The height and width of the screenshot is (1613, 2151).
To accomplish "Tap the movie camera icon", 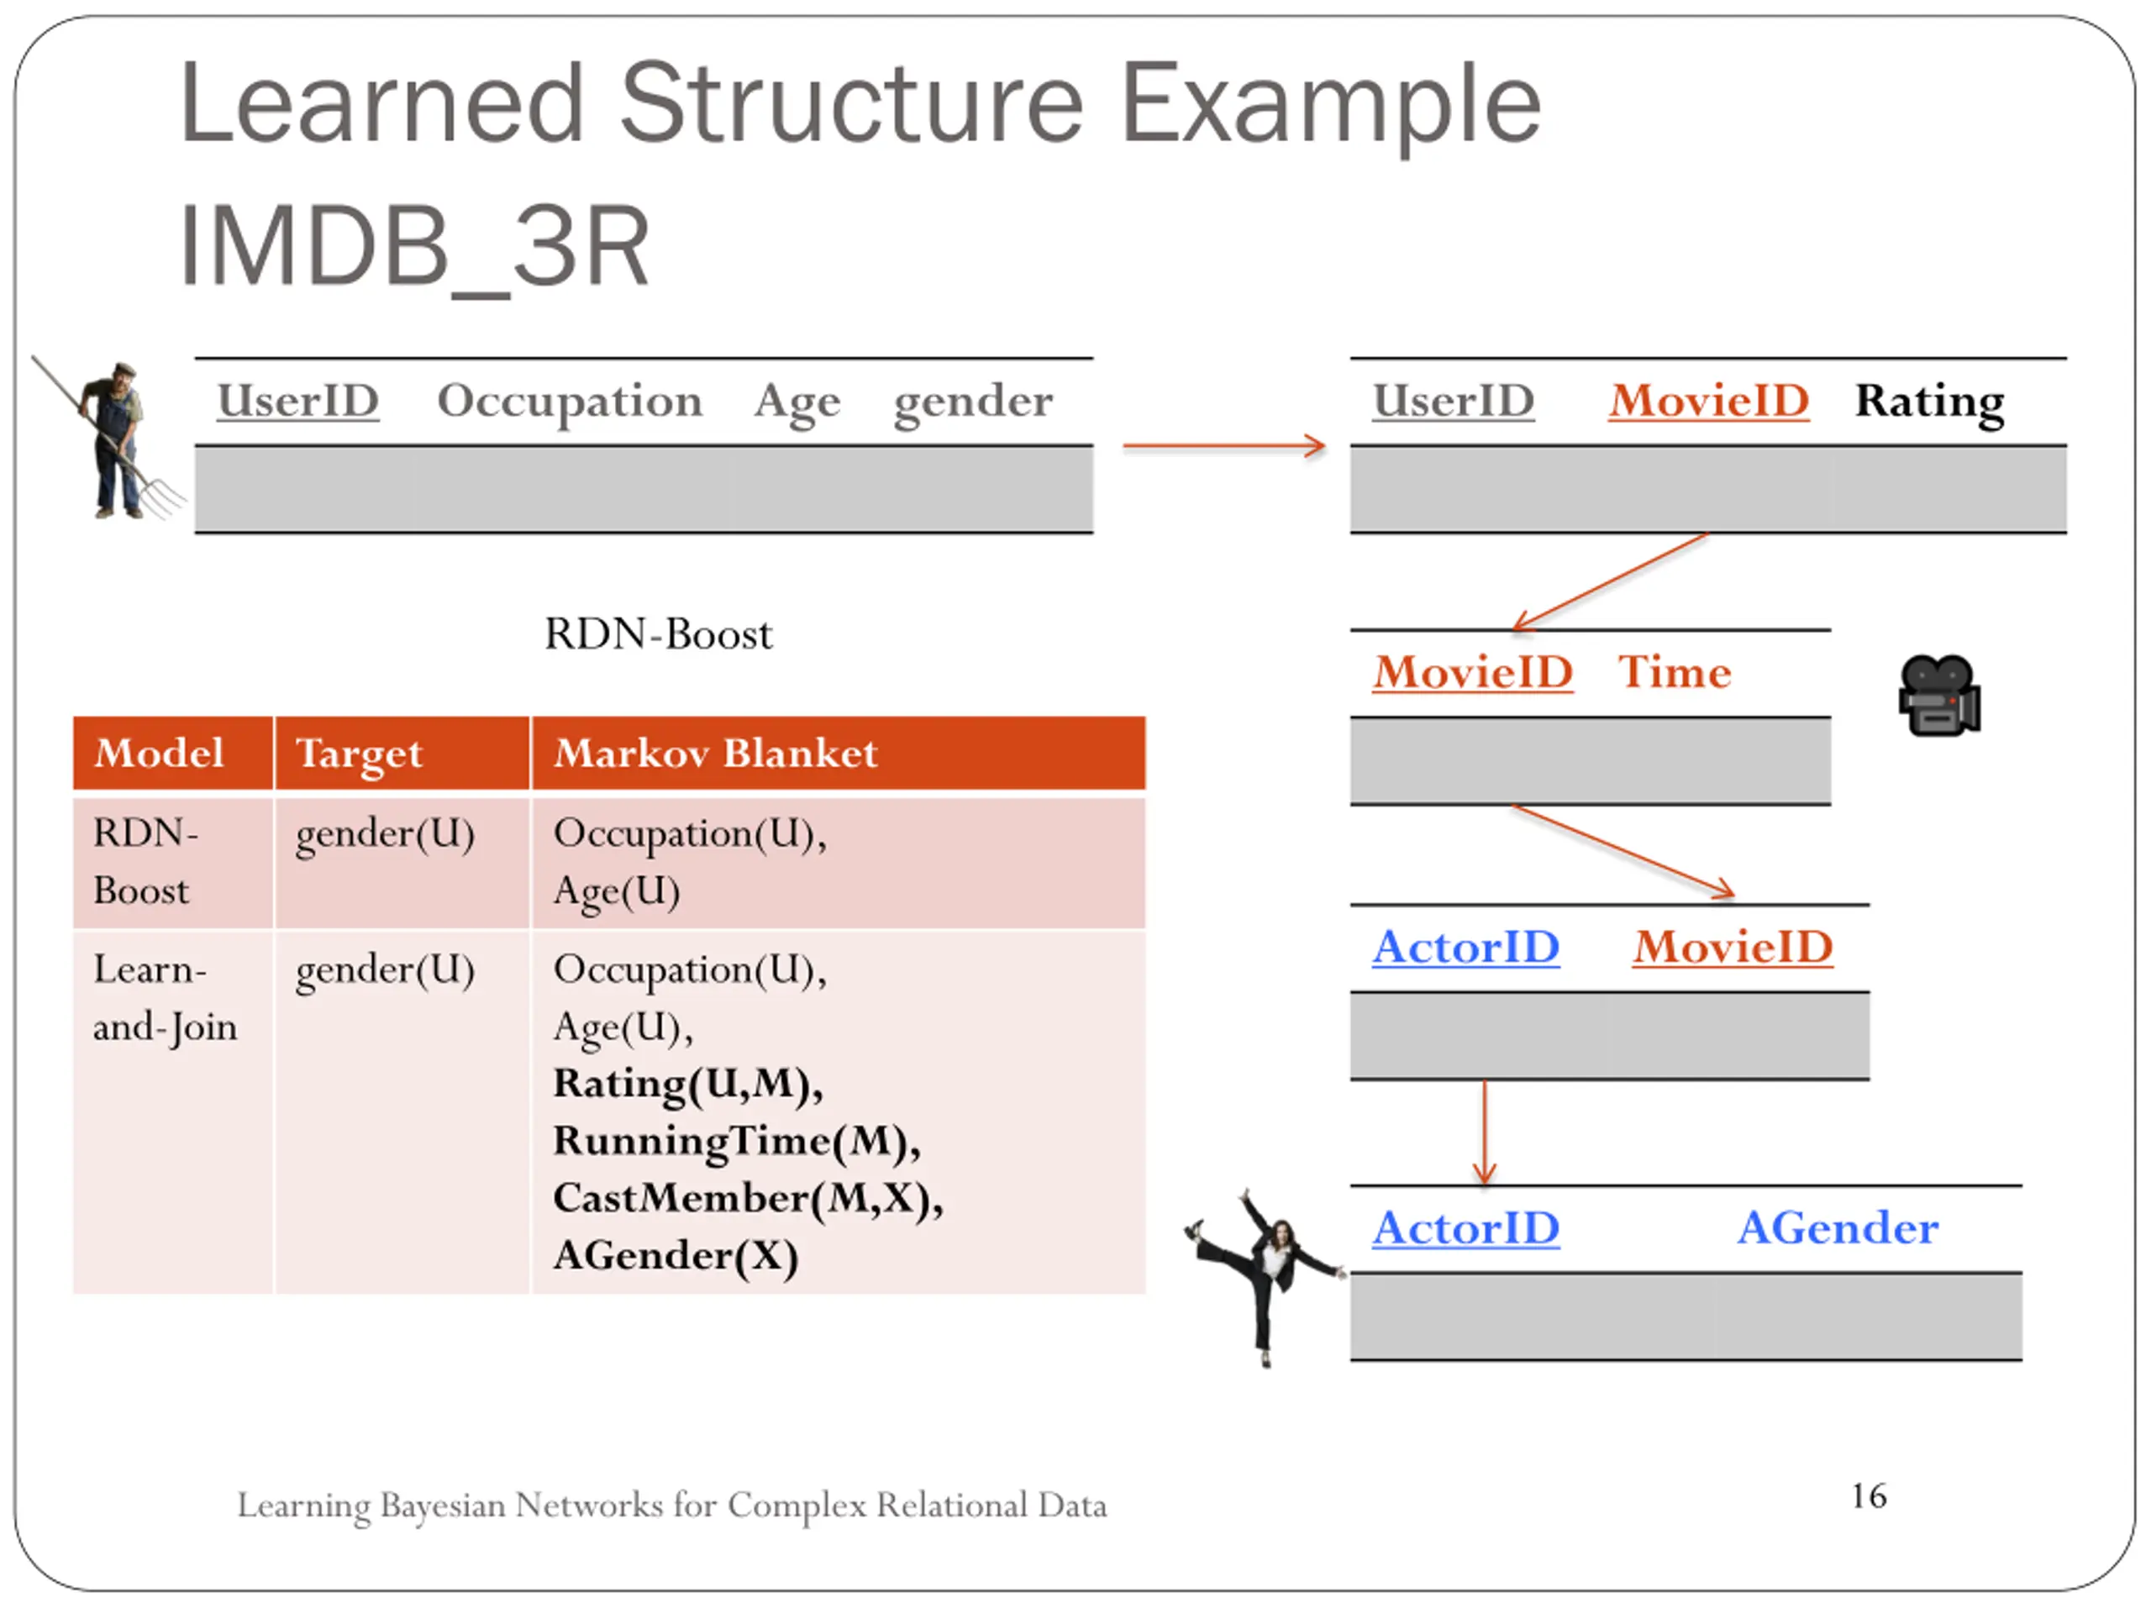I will tap(1938, 696).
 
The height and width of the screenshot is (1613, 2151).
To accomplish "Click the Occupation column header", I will tap(570, 401).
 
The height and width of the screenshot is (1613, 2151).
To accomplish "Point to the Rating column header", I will tap(1928, 401).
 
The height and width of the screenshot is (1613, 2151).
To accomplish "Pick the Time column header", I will tap(1674, 672).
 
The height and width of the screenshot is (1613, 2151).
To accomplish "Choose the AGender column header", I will tap(1837, 1227).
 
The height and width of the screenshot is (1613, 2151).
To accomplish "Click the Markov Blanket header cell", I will tap(716, 753).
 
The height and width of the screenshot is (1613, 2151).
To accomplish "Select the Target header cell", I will tap(359, 754).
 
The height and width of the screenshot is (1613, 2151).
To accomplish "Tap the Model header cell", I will tap(160, 753).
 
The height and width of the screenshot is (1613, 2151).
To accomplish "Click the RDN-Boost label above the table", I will tap(659, 634).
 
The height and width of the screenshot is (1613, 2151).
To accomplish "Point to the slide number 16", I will tap(1868, 1495).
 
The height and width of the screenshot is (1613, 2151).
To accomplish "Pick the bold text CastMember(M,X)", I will tap(748, 1198).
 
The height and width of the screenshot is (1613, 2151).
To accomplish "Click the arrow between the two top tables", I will tap(1223, 446).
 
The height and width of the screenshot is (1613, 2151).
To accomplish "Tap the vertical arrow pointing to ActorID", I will tap(1484, 1132).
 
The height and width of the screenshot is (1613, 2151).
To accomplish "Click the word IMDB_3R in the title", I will tap(414, 247).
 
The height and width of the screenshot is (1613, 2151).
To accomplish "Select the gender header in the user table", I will tap(972, 401).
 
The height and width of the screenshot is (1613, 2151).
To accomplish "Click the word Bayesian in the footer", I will tap(443, 1505).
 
